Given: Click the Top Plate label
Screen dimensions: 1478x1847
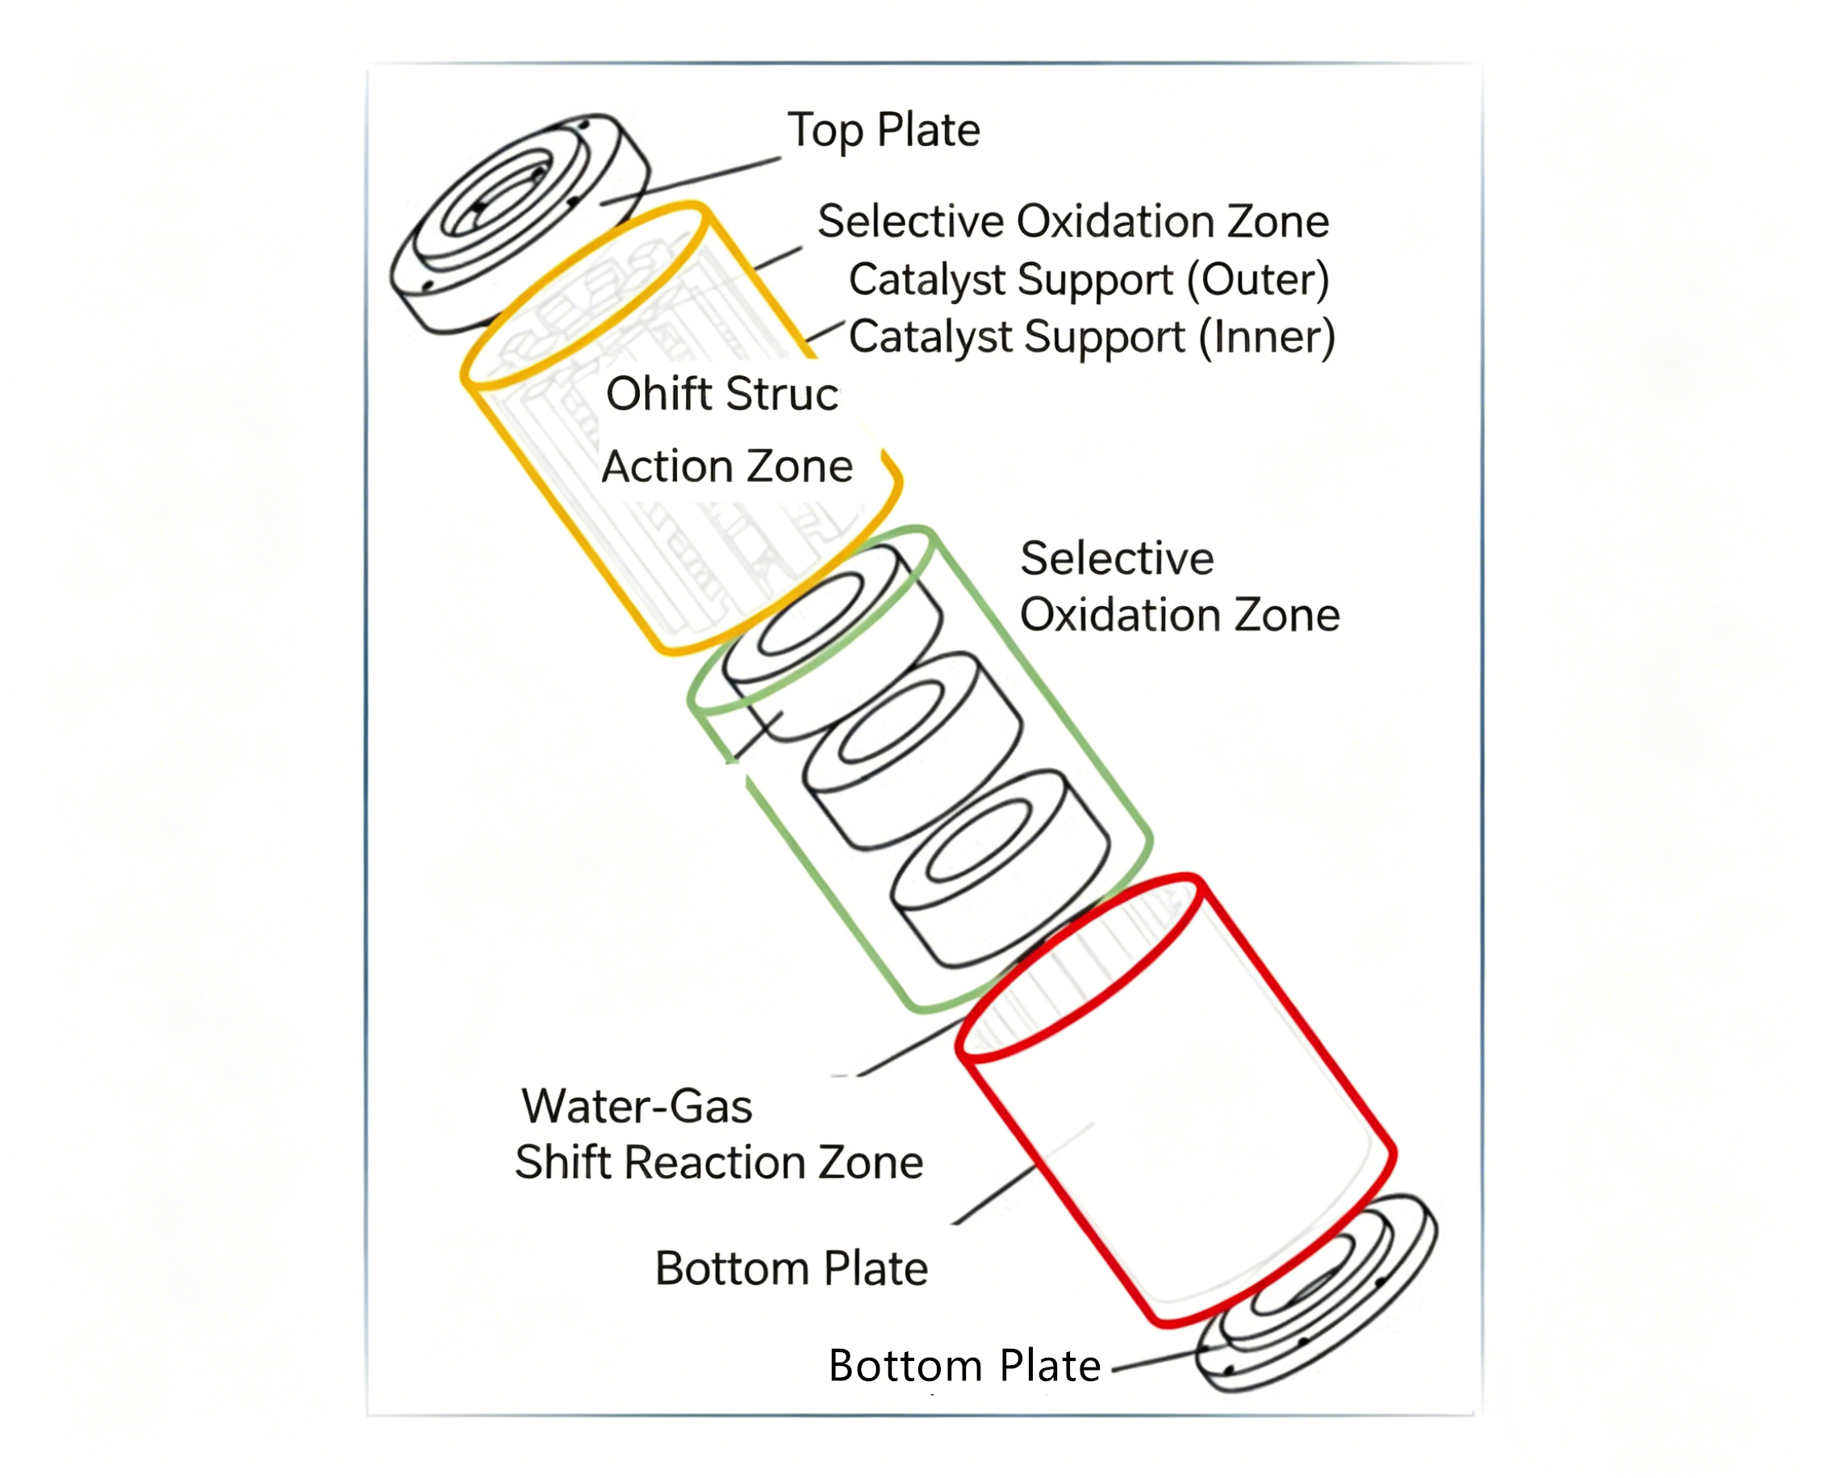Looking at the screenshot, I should [884, 131].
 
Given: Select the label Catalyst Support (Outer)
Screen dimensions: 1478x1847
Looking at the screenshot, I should [1088, 279].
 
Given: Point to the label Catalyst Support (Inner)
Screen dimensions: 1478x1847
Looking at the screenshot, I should [1091, 337].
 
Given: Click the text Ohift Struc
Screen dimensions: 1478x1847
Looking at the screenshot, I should [722, 395].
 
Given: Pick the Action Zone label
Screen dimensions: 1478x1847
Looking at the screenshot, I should [727, 467].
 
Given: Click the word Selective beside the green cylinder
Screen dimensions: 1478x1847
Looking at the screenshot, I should [1116, 559].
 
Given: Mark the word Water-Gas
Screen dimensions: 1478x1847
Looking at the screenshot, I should [637, 1106].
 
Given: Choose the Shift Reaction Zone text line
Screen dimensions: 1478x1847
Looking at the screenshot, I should [719, 1162].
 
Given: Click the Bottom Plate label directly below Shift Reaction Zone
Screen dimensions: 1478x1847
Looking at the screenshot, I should [791, 1268].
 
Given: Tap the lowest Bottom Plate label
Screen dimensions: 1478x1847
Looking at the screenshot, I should [963, 1366].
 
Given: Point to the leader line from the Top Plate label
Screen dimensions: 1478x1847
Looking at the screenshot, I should [690, 181].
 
